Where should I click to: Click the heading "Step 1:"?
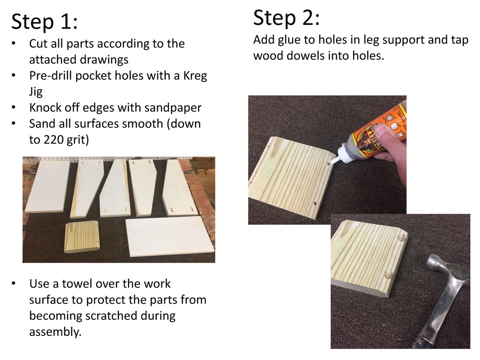(x=45, y=22)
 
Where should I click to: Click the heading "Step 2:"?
(x=287, y=18)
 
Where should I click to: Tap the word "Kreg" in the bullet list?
(x=195, y=76)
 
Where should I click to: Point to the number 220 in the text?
(x=53, y=140)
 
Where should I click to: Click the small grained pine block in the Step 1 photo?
(x=82, y=237)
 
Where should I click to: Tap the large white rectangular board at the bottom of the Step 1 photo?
(x=170, y=236)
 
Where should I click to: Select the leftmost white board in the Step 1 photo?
(x=48, y=186)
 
